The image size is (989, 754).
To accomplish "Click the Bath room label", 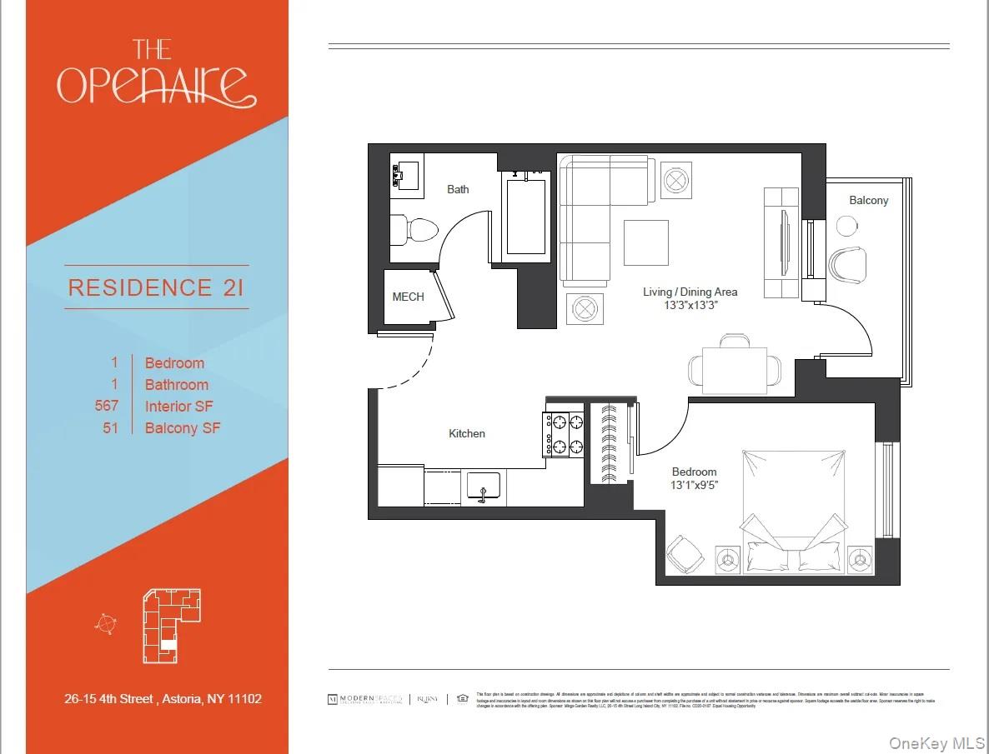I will tap(458, 189).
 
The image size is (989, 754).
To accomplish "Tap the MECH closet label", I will tap(408, 297).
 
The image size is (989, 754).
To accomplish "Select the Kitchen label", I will tap(466, 433).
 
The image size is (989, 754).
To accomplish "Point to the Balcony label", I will tap(868, 200).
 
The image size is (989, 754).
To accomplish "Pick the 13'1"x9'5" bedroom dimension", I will tap(695, 485).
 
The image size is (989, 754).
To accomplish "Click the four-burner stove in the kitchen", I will tap(563, 434).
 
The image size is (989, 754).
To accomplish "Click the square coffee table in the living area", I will tap(645, 242).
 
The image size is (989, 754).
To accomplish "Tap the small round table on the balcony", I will tap(846, 226).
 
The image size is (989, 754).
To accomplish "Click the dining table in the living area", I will tap(734, 370).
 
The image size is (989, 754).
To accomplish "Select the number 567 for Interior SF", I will tap(107, 406).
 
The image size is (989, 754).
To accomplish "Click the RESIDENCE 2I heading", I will tap(156, 287).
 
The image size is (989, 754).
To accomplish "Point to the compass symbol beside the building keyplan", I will tap(106, 624).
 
